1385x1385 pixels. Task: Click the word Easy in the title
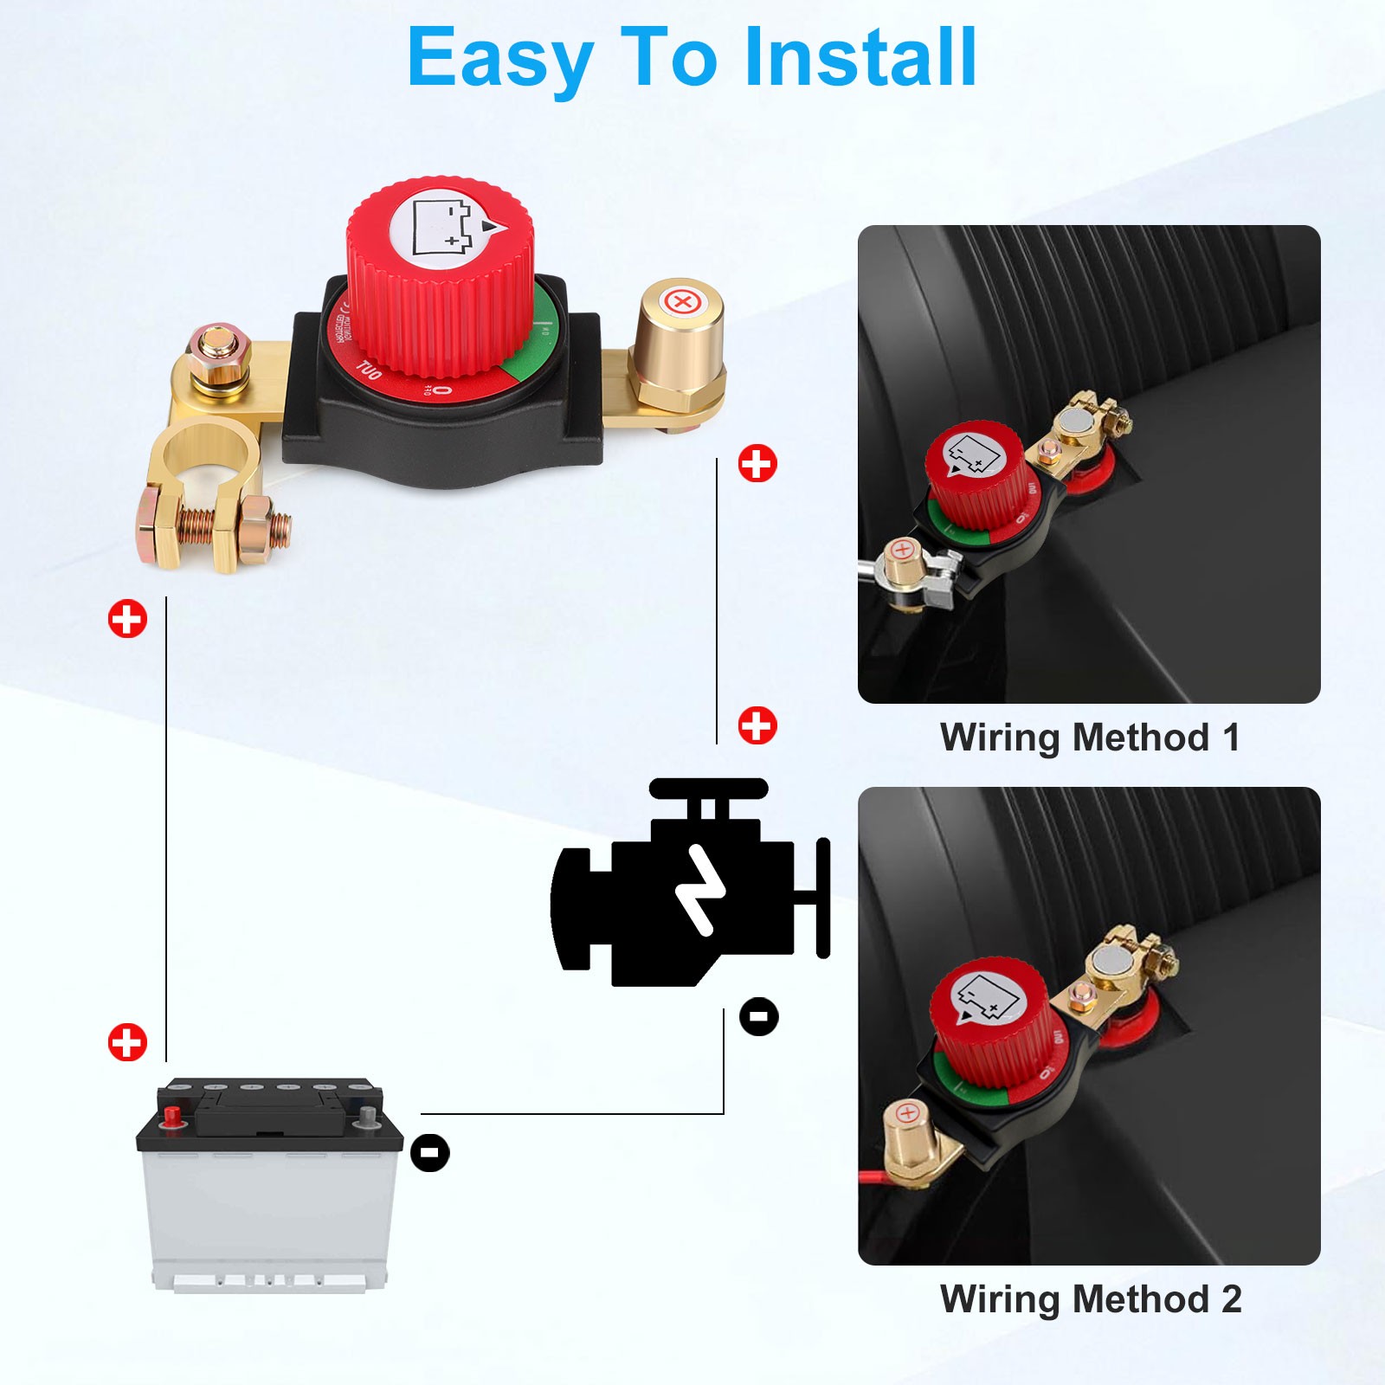[x=499, y=59]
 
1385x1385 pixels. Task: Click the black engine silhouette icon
[x=684, y=892]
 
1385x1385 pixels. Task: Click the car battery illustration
[x=270, y=1186]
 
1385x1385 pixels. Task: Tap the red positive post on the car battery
[x=172, y=1114]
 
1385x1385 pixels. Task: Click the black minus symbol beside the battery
[x=430, y=1153]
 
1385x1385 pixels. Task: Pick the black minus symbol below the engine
[x=759, y=1015]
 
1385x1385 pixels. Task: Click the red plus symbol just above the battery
[x=127, y=1042]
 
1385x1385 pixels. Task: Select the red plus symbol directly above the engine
[x=757, y=725]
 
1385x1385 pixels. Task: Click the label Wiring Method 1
[x=1090, y=738]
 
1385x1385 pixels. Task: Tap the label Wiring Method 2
[x=1090, y=1299]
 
